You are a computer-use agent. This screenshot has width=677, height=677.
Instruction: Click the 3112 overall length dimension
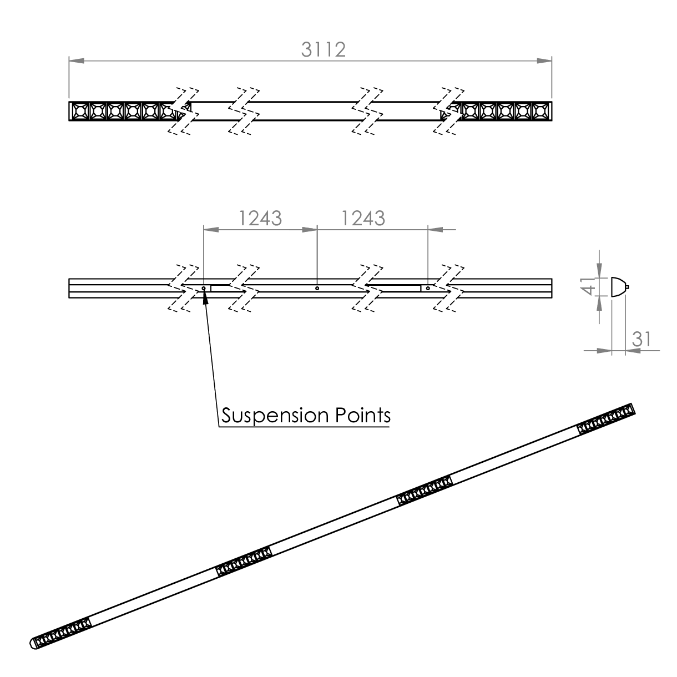[323, 49]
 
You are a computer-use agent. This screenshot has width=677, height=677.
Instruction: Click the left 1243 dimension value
[260, 218]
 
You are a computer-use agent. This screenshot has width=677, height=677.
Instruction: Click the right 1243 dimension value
[363, 218]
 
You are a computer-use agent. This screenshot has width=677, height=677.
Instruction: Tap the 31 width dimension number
[642, 339]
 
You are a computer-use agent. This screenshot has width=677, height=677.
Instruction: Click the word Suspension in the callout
[275, 416]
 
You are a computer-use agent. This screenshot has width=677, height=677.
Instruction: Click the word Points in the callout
[363, 415]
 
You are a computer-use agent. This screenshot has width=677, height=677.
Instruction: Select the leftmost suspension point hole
[204, 289]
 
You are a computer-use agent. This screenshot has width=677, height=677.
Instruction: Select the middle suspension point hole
[317, 289]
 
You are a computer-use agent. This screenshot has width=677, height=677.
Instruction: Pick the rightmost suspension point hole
[428, 289]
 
